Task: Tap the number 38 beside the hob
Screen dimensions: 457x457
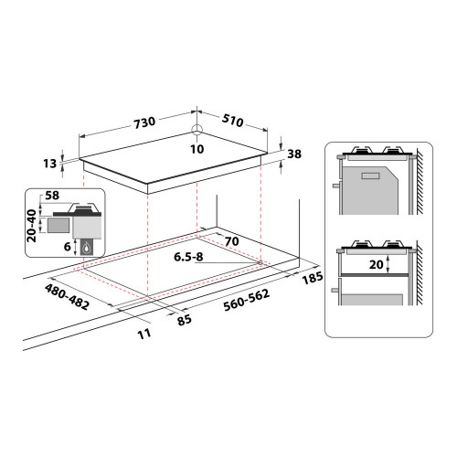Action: (294, 154)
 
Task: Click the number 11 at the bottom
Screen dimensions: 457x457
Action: (143, 335)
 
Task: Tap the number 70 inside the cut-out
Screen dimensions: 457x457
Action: (232, 242)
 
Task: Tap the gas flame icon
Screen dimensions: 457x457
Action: (86, 249)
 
